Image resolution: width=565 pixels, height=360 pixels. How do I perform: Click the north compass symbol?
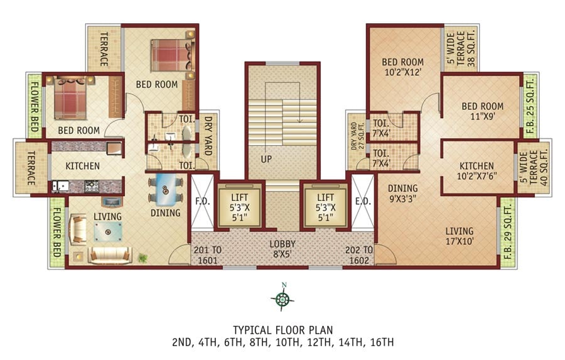[283, 298]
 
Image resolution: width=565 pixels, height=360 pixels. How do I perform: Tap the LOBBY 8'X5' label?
[283, 249]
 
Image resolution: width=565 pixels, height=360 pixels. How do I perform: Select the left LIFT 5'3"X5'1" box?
[240, 205]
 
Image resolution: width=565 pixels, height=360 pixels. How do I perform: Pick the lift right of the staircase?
[325, 205]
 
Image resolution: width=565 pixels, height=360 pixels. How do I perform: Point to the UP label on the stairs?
[266, 159]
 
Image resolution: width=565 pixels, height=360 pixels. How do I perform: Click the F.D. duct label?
[203, 202]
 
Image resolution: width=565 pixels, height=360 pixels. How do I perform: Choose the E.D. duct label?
[363, 202]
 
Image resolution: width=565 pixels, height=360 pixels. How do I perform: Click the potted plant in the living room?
[143, 258]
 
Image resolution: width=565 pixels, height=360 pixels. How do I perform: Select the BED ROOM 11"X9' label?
[483, 111]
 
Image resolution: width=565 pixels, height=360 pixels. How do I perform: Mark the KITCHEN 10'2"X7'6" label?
[476, 171]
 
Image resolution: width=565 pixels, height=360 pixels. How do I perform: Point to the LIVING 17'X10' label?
[460, 236]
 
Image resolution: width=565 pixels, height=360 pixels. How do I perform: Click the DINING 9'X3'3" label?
[402, 194]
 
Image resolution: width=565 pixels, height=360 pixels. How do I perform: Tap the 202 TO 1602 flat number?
[359, 254]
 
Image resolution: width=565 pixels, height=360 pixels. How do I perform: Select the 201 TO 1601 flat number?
[208, 254]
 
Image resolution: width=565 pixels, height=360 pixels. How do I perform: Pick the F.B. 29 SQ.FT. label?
[507, 232]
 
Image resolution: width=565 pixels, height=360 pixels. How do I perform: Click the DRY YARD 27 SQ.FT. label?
[357, 136]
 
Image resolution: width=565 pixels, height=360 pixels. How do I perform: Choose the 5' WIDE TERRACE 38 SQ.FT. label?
[461, 49]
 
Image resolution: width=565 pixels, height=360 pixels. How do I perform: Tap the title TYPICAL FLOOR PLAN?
[283, 330]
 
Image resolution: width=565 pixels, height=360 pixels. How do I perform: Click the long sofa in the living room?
[109, 255]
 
